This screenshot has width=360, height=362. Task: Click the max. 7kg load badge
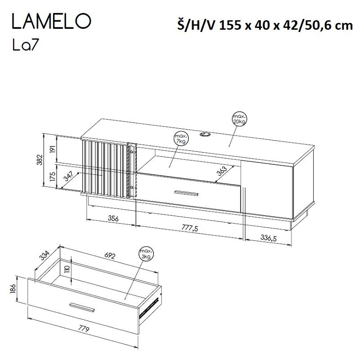pos(181,139)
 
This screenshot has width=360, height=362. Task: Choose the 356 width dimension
pos(112,219)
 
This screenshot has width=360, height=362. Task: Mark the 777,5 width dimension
pos(189,229)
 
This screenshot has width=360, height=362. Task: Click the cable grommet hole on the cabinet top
pos(206,134)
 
